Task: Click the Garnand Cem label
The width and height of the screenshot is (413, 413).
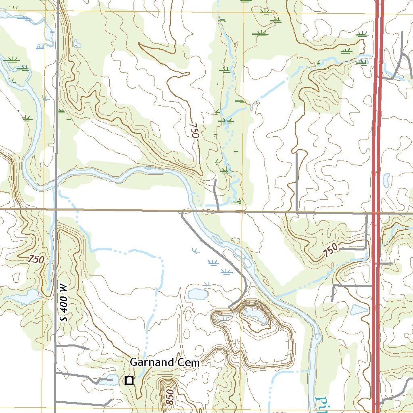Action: (x=165, y=363)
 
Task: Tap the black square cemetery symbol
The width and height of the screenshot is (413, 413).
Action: (x=129, y=380)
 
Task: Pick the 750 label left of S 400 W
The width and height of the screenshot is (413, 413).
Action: (x=36, y=260)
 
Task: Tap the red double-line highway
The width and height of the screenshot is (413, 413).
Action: (x=376, y=161)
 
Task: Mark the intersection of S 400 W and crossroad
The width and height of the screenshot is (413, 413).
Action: (x=56, y=209)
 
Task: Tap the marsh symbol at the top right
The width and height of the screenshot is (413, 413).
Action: (x=362, y=34)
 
